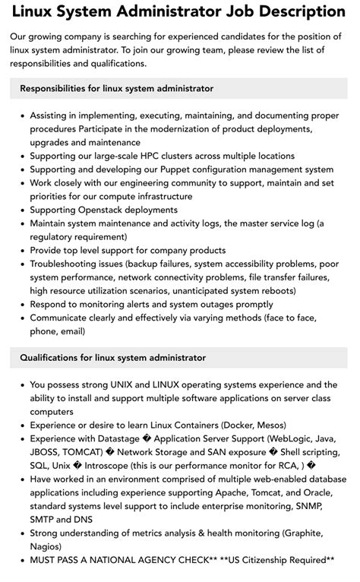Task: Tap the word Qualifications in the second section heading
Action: (51, 357)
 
